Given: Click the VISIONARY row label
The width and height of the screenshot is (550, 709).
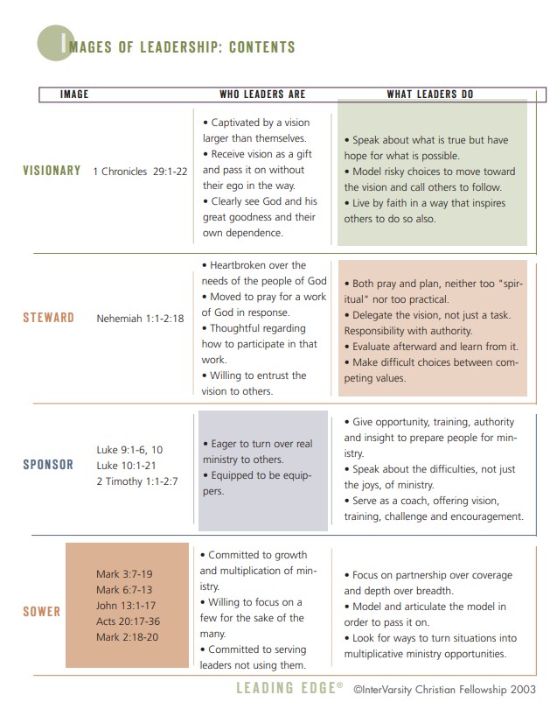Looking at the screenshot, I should coord(52,171).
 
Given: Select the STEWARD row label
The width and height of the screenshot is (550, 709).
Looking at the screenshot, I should coord(48,317).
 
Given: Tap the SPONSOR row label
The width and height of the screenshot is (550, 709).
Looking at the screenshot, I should coord(48,465).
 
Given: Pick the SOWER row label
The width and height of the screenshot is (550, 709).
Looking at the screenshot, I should coord(41,611).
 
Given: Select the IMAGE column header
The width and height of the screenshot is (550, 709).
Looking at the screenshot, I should coord(74,94).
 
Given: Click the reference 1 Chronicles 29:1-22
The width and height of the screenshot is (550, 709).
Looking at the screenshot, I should coord(140,172).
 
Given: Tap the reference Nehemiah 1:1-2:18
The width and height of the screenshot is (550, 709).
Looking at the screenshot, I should coord(140,319).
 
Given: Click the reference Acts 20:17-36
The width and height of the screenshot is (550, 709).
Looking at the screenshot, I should coord(128,621).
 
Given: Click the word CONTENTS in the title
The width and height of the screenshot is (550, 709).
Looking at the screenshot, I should coord(261,47).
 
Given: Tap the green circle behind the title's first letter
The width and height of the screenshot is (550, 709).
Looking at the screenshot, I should coord(53,42).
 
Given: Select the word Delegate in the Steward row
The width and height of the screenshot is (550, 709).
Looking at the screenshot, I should coord(376,315).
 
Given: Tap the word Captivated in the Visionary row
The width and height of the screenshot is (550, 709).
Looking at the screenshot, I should coord(241,123).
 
